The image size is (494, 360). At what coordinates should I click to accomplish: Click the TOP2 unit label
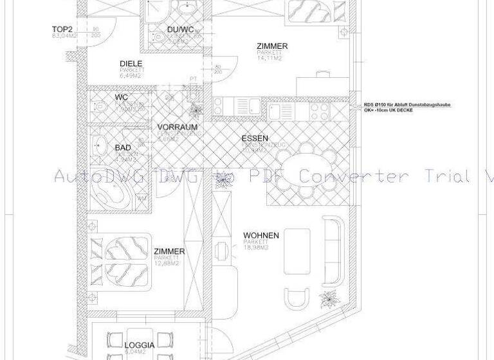tap(62, 30)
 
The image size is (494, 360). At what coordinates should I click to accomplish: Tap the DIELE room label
tap(131, 64)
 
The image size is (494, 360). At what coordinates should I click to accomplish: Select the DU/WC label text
tap(180, 30)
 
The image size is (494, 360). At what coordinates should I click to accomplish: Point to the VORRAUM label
tap(177, 127)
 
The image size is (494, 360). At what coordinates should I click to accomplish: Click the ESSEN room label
tap(255, 139)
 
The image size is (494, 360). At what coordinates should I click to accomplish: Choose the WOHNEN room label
tap(261, 236)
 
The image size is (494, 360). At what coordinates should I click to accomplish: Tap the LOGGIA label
tap(139, 346)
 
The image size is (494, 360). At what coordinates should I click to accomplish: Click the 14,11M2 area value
tap(270, 59)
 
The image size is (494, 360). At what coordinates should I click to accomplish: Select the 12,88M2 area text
tap(165, 264)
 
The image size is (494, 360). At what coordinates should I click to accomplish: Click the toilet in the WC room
tap(100, 106)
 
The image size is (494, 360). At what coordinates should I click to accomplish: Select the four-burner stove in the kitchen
tap(319, 111)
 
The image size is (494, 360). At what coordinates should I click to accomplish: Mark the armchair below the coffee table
tap(297, 299)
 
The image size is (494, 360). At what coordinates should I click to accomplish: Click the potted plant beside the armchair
tap(331, 300)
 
